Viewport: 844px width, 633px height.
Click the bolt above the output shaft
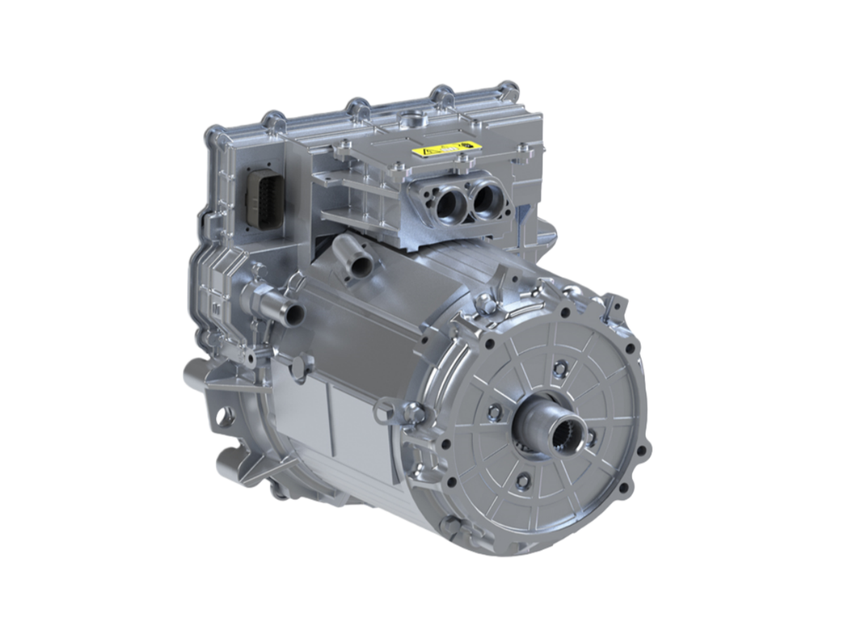561,366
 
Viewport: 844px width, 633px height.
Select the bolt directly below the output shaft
521,480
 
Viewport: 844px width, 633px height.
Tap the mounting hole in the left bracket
223,416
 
